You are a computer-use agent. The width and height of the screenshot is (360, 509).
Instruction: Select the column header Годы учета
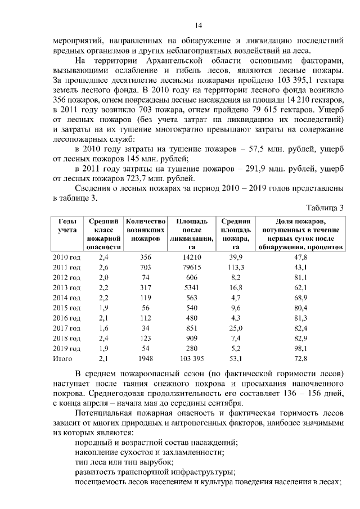pos(66,226)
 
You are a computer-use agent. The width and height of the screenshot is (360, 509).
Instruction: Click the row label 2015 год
pos(66,308)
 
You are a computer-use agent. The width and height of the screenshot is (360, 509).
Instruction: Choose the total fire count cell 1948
pos(146,358)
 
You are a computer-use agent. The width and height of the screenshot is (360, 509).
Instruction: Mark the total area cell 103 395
pos(192,358)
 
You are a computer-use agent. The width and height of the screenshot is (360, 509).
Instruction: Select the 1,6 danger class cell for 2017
pos(103,328)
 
